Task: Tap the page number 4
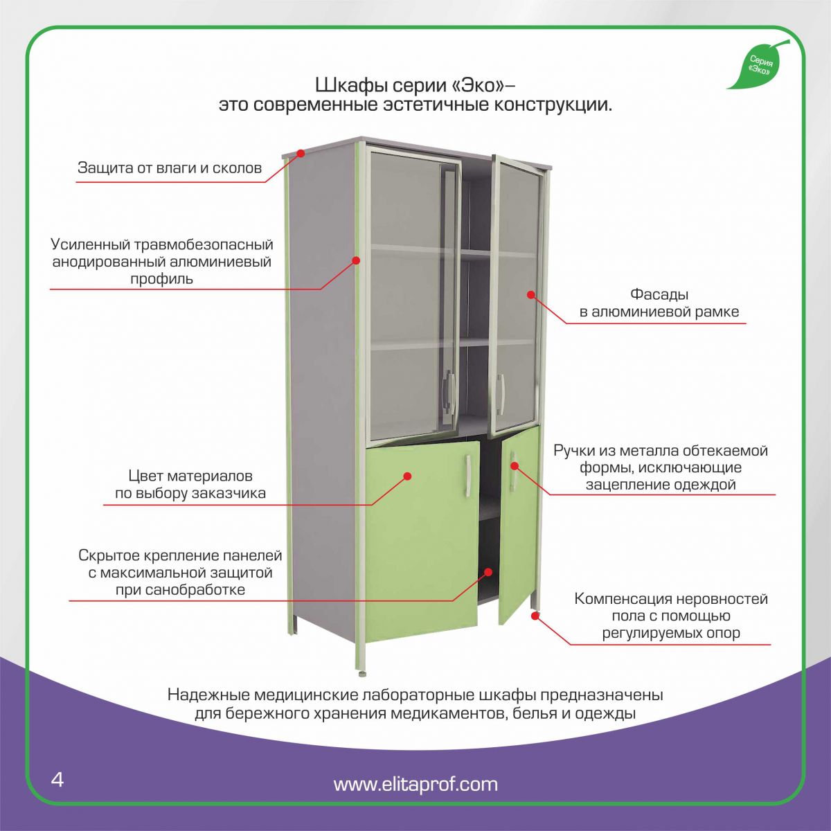point(57,779)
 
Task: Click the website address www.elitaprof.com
point(415,784)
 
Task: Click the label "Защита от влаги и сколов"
point(170,168)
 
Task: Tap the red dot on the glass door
point(530,294)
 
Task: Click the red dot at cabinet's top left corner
point(301,152)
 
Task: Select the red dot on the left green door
point(408,476)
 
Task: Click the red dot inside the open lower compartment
point(488,572)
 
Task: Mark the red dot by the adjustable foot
point(535,615)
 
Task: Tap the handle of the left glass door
point(449,389)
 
